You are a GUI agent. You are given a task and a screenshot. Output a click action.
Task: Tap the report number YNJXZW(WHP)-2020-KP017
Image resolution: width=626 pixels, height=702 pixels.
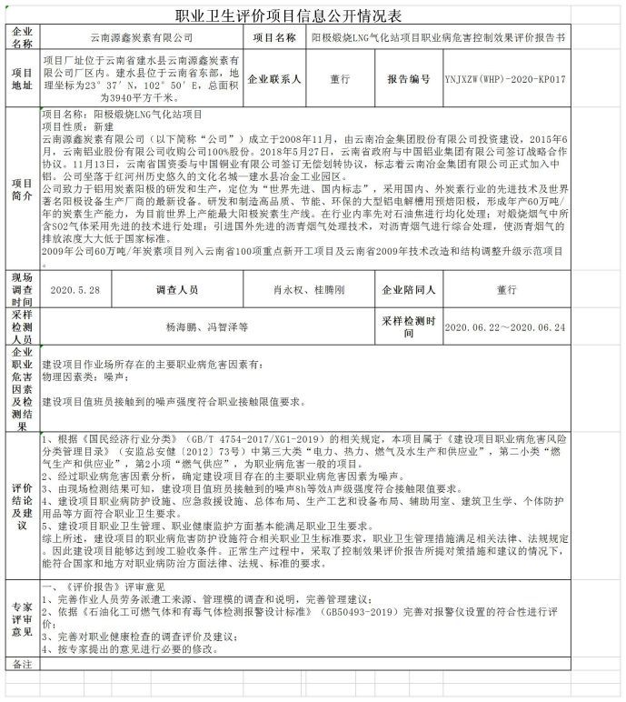tap(506, 79)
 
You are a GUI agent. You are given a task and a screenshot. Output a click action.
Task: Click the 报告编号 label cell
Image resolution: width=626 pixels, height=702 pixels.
tap(408, 79)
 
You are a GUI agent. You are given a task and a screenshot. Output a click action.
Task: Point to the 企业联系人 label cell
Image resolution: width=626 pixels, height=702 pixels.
tap(274, 79)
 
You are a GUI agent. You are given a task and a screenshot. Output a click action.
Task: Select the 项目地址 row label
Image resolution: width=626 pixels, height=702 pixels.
tap(21, 79)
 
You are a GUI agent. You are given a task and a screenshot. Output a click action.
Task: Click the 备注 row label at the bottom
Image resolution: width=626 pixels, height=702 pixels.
tap(21, 666)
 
